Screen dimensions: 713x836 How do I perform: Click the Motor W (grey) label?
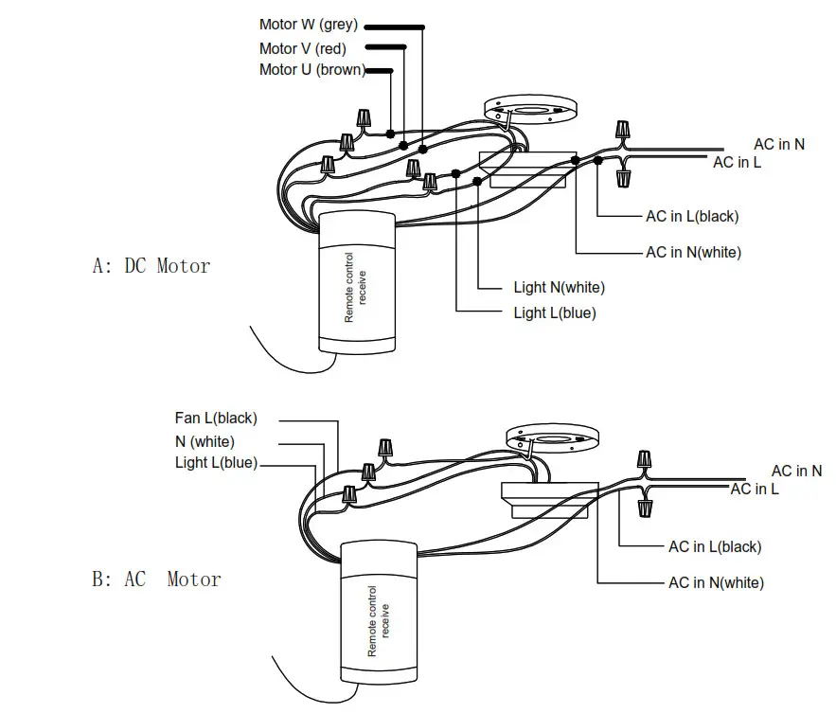309,25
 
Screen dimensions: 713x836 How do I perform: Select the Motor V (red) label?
302,48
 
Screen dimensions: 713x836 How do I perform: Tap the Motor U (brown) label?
311,70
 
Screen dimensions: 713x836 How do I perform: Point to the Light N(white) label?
559,287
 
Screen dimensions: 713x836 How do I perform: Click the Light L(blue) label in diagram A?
555,312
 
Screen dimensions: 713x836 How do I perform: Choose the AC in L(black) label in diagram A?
692,217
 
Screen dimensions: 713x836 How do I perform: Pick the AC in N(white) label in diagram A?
694,253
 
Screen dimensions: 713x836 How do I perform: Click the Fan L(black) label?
216,418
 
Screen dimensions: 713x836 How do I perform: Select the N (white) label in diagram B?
205,441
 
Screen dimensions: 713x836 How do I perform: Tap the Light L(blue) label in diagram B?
216,463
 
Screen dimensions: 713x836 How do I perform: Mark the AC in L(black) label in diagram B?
715,546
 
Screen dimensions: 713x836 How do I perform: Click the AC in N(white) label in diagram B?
716,582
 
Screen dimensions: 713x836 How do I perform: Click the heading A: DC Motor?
151,265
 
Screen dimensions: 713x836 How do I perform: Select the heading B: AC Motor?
156,579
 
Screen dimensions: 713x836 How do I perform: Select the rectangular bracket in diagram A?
527,170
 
